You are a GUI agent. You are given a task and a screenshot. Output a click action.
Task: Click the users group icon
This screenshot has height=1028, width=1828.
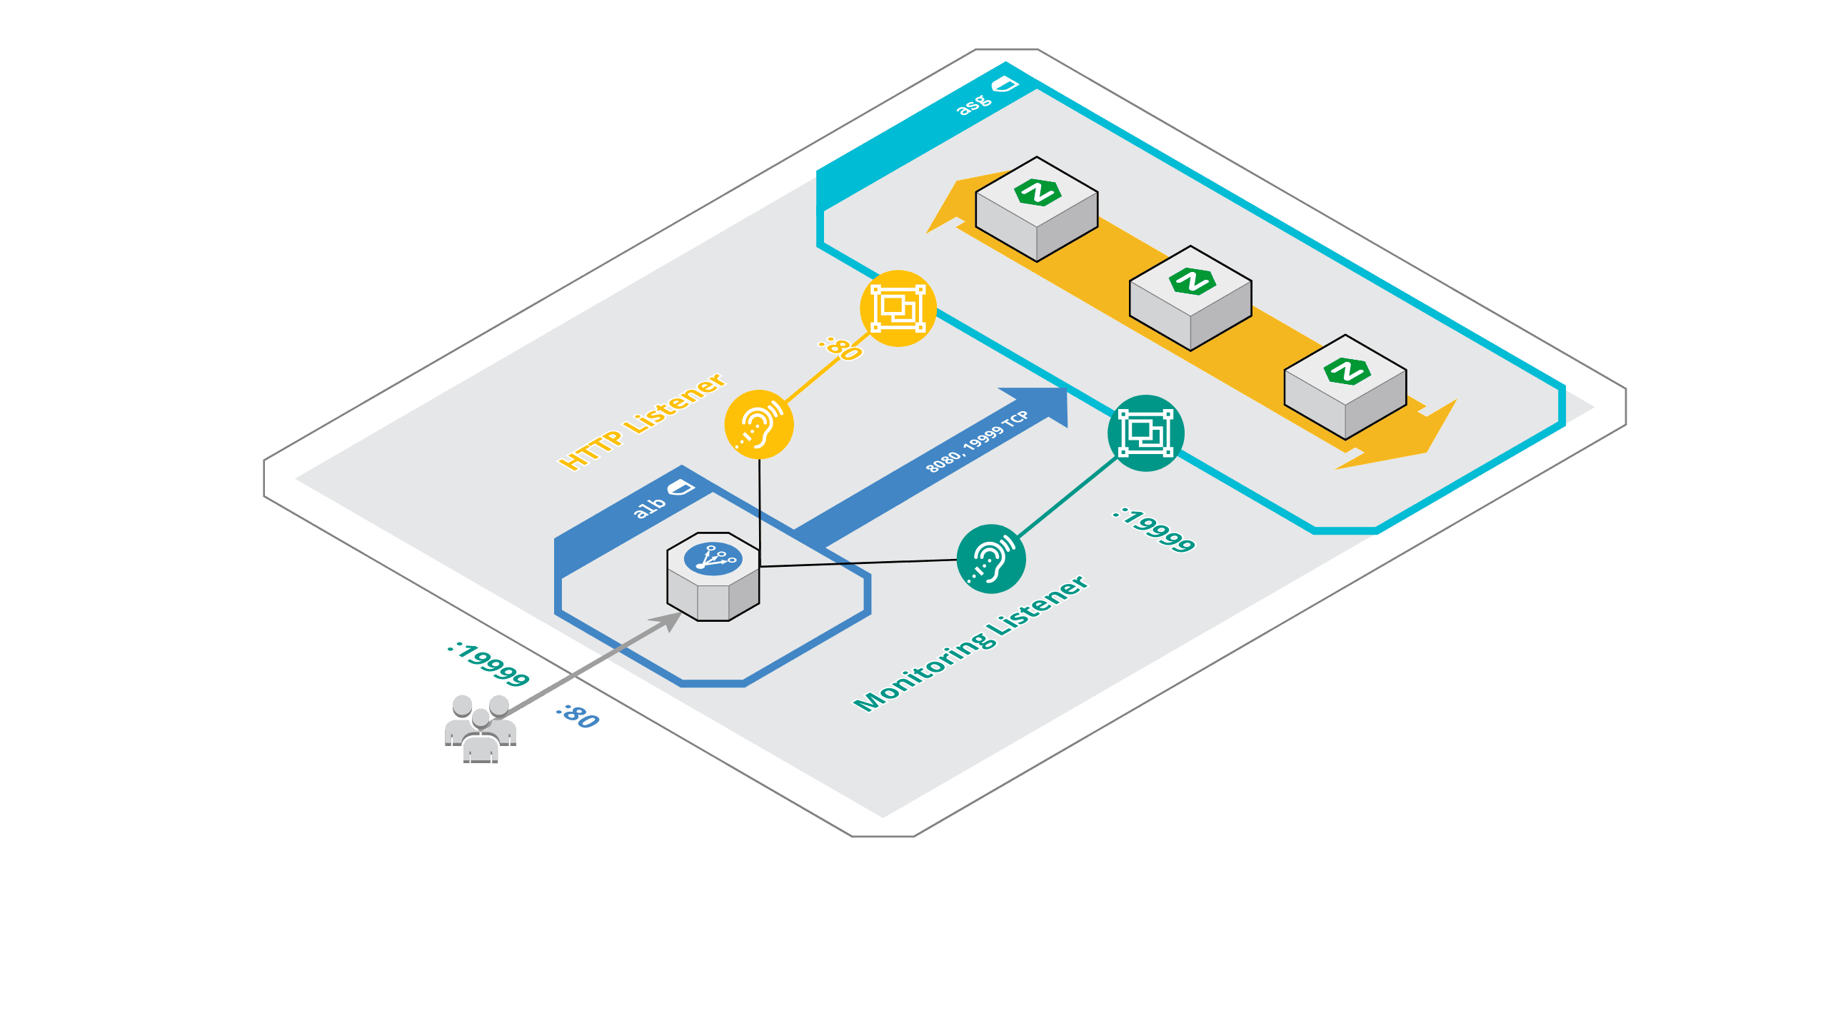pyautogui.click(x=481, y=729)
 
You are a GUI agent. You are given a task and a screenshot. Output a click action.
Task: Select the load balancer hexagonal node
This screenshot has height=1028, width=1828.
pyautogui.click(x=713, y=576)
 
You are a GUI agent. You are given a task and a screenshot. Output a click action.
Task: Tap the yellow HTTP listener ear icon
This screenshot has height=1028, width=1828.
pyautogui.click(x=759, y=424)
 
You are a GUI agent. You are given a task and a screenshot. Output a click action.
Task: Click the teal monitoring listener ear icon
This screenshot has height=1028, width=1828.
pyautogui.click(x=991, y=559)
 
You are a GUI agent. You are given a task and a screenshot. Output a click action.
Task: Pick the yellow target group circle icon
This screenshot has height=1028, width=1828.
pyautogui.click(x=898, y=308)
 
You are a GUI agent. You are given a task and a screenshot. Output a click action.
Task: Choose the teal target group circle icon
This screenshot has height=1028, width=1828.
pyautogui.click(x=1145, y=433)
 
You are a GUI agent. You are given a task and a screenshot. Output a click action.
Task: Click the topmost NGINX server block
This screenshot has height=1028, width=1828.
pyautogui.click(x=1037, y=209)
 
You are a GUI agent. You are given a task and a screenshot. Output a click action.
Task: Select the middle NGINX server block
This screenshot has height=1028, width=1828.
pyautogui.click(x=1190, y=298)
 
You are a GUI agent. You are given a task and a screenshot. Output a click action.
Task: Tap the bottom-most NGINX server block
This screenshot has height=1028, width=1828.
pyautogui.click(x=1345, y=387)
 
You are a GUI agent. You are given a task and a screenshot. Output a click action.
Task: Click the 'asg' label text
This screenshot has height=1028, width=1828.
pyautogui.click(x=974, y=105)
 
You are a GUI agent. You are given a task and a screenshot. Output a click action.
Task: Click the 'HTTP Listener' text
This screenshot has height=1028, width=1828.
pyautogui.click(x=642, y=421)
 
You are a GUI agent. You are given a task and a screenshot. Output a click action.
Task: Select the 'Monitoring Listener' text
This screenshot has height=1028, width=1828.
pyautogui.click(x=971, y=643)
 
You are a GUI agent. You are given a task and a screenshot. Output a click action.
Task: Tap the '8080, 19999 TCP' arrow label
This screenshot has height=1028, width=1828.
pyautogui.click(x=977, y=441)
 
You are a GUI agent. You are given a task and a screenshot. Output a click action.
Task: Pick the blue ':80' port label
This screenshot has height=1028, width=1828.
pyautogui.click(x=578, y=716)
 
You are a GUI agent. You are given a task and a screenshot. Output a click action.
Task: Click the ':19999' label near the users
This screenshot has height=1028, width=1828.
pyautogui.click(x=488, y=665)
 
